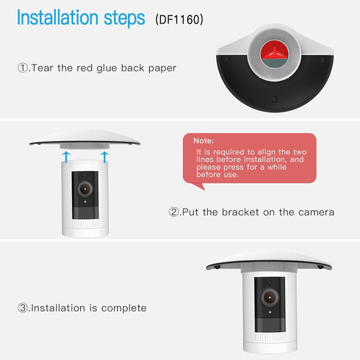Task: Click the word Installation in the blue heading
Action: (57, 18)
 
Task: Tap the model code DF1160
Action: (179, 19)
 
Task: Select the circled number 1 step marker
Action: (23, 68)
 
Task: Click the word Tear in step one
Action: (42, 68)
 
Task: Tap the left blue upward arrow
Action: (66, 156)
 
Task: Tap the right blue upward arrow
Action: (104, 156)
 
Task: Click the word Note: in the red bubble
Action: (204, 140)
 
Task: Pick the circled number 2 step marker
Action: (174, 212)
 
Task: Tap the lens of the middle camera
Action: (85, 189)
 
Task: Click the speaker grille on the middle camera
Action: (85, 223)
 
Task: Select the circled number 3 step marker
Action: (23, 308)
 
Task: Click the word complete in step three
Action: (123, 309)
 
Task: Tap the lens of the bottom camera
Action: (270, 298)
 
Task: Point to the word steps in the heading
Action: (124, 18)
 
